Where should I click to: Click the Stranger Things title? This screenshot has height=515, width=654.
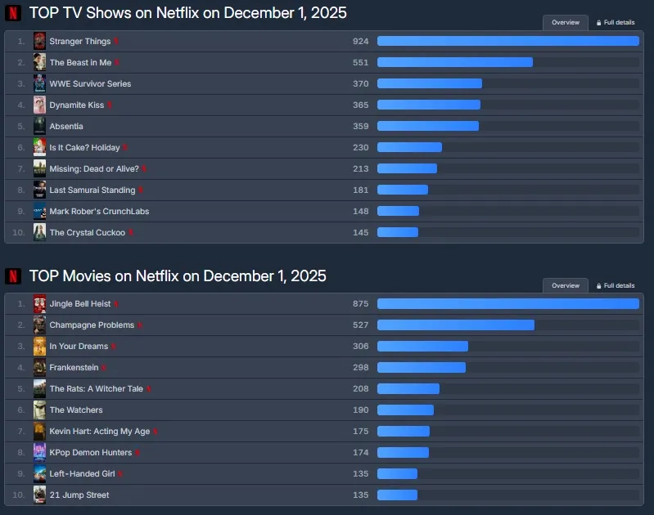pos(80,41)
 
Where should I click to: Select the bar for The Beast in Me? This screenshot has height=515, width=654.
pos(454,62)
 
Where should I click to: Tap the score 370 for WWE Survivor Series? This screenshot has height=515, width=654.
pos(360,83)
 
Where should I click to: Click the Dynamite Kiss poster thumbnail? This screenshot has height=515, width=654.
pos(39,105)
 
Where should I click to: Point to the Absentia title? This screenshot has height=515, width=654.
pos(66,126)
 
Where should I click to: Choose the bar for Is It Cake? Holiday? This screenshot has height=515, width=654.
pos(409,147)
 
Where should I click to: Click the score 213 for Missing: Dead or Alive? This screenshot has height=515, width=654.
pos(360,168)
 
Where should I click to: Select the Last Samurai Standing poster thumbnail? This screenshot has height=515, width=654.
pos(39,190)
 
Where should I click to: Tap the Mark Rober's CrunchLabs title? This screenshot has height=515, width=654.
pos(99,211)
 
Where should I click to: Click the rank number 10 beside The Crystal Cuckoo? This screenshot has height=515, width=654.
pos(20,232)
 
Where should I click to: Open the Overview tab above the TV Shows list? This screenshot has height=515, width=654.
pos(566,23)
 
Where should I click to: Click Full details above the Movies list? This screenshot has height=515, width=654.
pos(616,286)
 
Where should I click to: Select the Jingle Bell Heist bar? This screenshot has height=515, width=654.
pos(507,303)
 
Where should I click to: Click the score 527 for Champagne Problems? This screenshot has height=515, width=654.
pos(360,325)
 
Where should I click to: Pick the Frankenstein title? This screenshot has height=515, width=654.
pos(74,367)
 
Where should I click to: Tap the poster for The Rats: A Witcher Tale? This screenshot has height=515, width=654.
pos(39,388)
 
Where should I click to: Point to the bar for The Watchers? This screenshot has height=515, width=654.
pos(405,410)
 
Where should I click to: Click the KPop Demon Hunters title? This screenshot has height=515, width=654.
pos(90,452)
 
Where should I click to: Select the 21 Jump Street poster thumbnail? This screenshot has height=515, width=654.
pos(39,495)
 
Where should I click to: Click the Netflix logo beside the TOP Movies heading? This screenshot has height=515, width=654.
pos(13,276)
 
